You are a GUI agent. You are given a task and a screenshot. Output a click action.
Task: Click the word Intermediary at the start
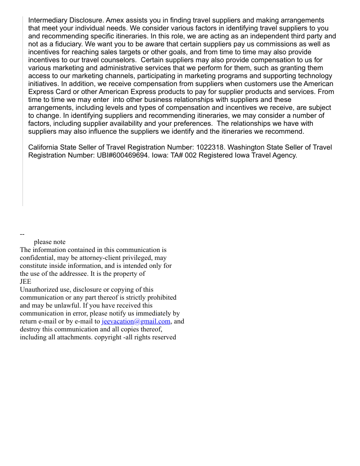(48, 20)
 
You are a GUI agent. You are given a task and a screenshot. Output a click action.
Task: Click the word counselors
(120, 60)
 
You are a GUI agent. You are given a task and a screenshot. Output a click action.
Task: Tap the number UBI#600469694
(122, 155)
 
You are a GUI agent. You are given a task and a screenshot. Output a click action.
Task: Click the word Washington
(247, 147)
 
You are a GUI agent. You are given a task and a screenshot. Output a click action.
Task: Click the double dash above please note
(22, 234)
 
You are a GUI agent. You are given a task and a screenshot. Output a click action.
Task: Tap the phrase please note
(49, 242)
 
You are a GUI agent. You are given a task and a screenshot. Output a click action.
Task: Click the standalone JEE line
(26, 282)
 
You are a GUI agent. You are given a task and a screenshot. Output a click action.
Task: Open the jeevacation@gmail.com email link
(136, 321)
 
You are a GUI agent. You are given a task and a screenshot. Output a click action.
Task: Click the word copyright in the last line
(108, 337)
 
